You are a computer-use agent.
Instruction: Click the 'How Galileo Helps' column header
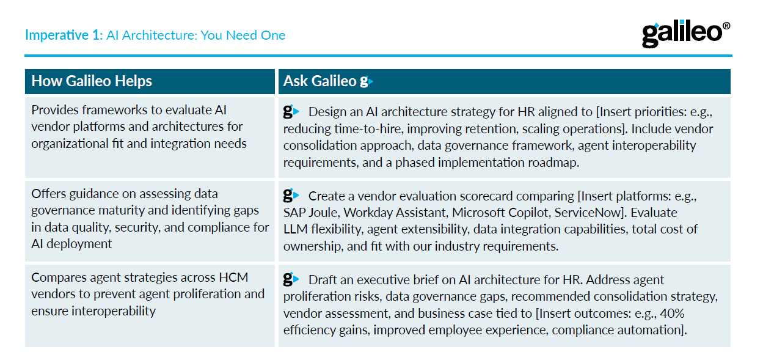[92, 81]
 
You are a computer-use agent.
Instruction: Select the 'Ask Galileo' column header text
[319, 81]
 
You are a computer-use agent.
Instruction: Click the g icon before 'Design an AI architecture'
[291, 112]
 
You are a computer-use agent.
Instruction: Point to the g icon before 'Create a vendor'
[291, 196]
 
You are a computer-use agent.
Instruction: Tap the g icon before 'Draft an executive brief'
[291, 280]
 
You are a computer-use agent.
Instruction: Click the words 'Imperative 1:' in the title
[64, 35]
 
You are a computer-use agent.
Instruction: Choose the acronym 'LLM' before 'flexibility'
[296, 230]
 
